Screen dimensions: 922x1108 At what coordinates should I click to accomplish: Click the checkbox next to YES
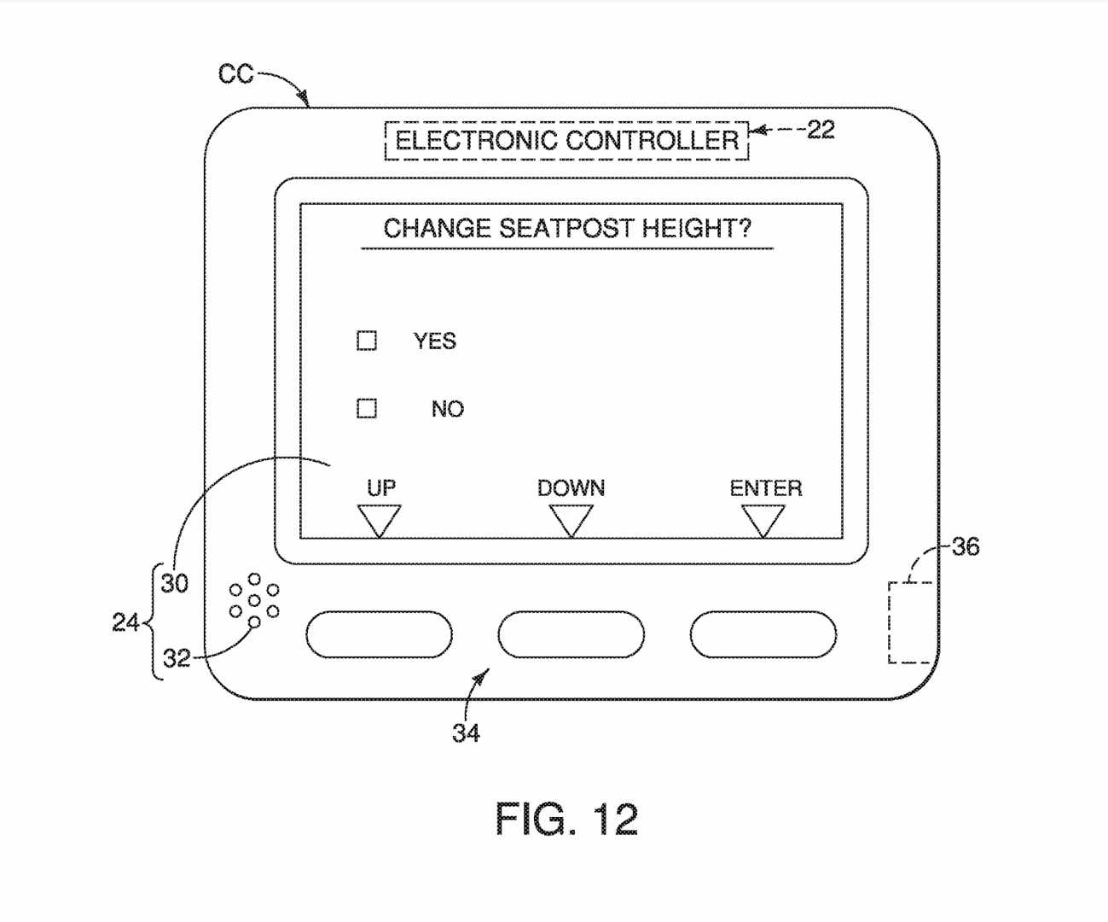(x=367, y=341)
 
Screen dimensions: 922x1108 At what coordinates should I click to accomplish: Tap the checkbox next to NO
(x=367, y=408)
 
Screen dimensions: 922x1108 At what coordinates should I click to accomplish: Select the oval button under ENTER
(x=763, y=634)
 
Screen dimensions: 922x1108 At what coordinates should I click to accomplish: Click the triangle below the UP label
(x=379, y=519)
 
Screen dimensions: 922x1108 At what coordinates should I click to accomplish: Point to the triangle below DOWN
(x=571, y=519)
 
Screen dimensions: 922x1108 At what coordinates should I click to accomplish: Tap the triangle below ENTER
(x=763, y=519)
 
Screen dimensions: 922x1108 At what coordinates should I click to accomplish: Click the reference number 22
(x=821, y=130)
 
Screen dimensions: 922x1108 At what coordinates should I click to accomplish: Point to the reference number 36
(x=966, y=546)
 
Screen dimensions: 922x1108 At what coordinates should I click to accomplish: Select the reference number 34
(x=466, y=732)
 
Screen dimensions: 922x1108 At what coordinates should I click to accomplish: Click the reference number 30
(x=175, y=583)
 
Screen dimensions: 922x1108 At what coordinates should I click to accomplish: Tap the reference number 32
(x=177, y=658)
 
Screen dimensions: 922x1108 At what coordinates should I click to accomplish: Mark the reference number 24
(x=125, y=622)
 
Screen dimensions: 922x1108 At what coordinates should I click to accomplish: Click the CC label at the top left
(x=235, y=75)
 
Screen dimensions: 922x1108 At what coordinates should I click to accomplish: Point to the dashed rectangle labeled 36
(x=910, y=622)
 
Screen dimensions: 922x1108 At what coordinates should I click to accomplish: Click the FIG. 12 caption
(x=566, y=820)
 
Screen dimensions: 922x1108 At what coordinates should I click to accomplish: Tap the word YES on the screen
(x=435, y=341)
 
